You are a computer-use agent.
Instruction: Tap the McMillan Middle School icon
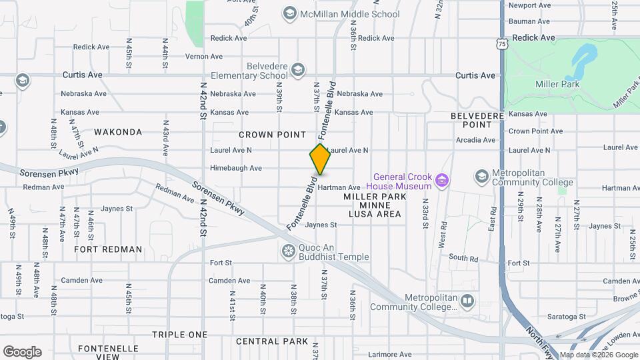(289, 13)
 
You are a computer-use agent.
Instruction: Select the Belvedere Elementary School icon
(297, 69)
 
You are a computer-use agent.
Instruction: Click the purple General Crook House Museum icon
(441, 179)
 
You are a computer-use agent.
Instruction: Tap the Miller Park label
(557, 84)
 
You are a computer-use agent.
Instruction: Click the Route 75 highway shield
(501, 43)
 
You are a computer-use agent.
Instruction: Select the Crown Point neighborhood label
(272, 135)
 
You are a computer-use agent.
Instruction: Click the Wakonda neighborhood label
(118, 132)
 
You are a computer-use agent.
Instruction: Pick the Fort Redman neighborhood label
(108, 249)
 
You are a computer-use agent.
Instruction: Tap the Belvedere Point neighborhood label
(477, 120)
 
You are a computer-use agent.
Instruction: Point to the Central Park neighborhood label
(272, 341)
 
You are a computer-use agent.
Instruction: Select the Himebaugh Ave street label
(236, 168)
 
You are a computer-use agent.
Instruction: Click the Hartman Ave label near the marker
(339, 187)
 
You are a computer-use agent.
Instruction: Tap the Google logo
(22, 352)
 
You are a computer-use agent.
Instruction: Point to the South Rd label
(463, 257)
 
